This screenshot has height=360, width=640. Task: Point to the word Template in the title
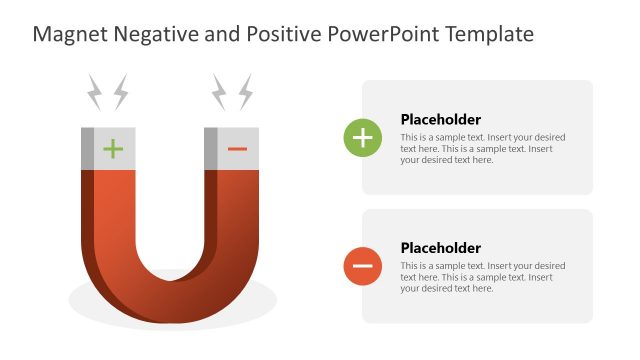[x=490, y=35]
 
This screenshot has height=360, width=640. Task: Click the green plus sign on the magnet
[x=113, y=149]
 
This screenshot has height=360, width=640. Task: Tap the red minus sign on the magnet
[x=237, y=149]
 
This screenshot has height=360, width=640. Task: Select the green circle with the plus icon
[x=362, y=138]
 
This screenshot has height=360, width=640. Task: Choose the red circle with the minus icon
[x=362, y=266]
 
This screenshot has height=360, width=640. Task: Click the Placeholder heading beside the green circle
[x=441, y=119]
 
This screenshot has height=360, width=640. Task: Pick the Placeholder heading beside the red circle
[x=441, y=248]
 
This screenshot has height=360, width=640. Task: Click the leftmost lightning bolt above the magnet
[x=95, y=92]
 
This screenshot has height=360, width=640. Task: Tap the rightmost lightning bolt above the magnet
[x=244, y=92]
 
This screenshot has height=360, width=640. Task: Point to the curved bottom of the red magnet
[x=170, y=300]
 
